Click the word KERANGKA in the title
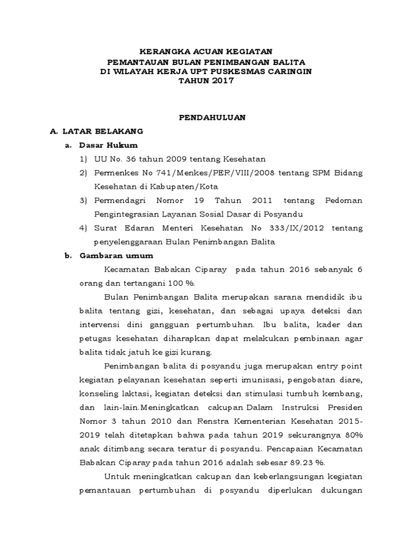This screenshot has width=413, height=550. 160,52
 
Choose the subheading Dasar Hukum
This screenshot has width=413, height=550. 108,145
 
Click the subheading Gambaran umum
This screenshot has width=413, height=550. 116,256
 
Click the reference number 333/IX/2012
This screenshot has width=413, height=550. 298,228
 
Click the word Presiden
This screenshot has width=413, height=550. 345,407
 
